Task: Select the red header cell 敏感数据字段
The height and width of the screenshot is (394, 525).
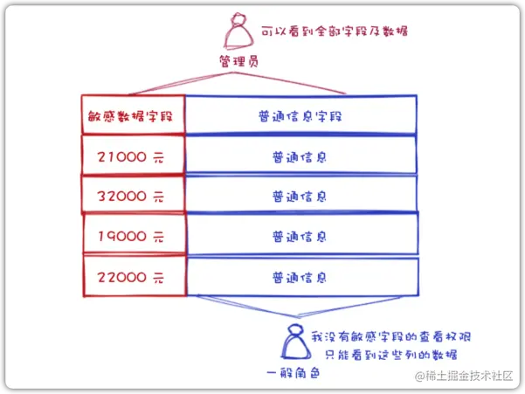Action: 133,114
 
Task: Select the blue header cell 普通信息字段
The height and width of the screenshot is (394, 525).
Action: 300,114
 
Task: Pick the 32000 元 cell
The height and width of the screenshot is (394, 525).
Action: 133,195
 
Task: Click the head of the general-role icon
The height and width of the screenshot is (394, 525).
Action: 290,334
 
